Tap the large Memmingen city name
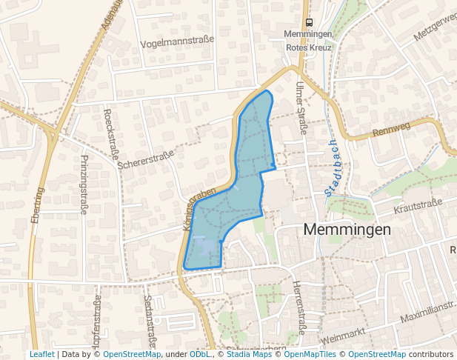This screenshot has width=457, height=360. tap(347, 230)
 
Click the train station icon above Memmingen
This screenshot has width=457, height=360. tap(309, 22)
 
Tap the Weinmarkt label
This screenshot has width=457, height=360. tap(344, 336)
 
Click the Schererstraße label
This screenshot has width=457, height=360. tap(145, 159)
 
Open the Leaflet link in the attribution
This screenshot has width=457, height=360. tap(41, 354)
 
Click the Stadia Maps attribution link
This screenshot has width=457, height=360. tap(249, 354)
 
